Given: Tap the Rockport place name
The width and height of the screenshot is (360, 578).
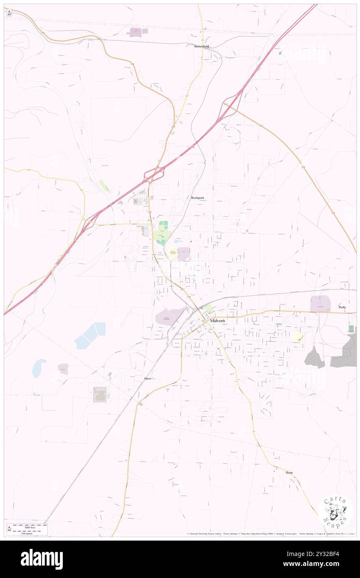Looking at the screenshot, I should click(x=198, y=198).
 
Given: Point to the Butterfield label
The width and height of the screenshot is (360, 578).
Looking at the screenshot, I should click(x=202, y=47).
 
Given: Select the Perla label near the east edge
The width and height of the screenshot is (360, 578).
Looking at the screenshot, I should click(x=342, y=307).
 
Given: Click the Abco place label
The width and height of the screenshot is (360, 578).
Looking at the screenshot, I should click(x=147, y=378).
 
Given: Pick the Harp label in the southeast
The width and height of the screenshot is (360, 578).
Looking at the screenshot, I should click(x=289, y=472).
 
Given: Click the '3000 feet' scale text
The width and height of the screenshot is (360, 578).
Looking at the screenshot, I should click(x=30, y=526).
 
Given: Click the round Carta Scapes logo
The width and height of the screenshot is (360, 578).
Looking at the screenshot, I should click(x=335, y=511).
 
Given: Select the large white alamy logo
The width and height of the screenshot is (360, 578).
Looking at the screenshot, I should click(x=42, y=559).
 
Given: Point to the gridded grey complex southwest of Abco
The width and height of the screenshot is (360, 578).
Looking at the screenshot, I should click(x=100, y=395).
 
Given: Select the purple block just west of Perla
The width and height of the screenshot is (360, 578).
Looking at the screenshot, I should click(x=321, y=304).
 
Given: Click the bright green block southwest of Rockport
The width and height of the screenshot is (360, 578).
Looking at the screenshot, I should click(x=163, y=226).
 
